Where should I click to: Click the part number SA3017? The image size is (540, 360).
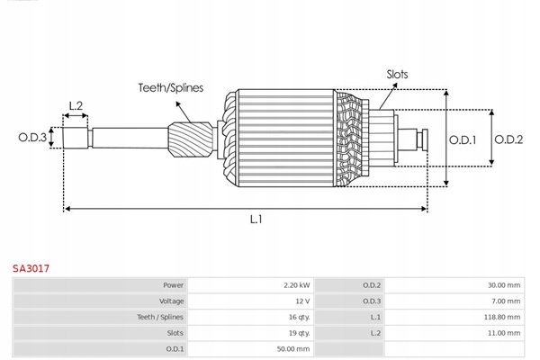[31, 268]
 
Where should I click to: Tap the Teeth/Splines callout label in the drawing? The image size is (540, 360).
[170, 88]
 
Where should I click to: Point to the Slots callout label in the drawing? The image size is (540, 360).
[397, 75]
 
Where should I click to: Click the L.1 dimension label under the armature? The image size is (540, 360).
[256, 219]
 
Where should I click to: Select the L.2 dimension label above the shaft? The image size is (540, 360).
[76, 106]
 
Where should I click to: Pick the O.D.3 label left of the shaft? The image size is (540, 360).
[32, 138]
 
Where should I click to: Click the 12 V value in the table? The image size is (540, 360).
[301, 301]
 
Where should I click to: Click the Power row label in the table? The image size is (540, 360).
[173, 285]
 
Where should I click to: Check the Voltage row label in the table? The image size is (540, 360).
[171, 301]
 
